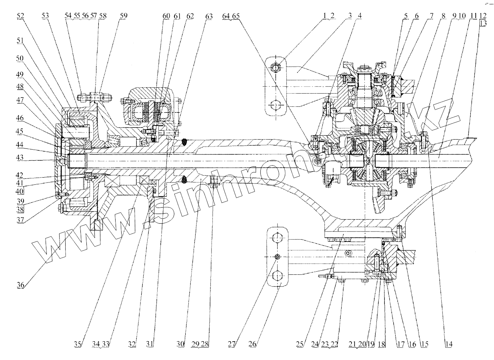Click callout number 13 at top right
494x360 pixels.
483,23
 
